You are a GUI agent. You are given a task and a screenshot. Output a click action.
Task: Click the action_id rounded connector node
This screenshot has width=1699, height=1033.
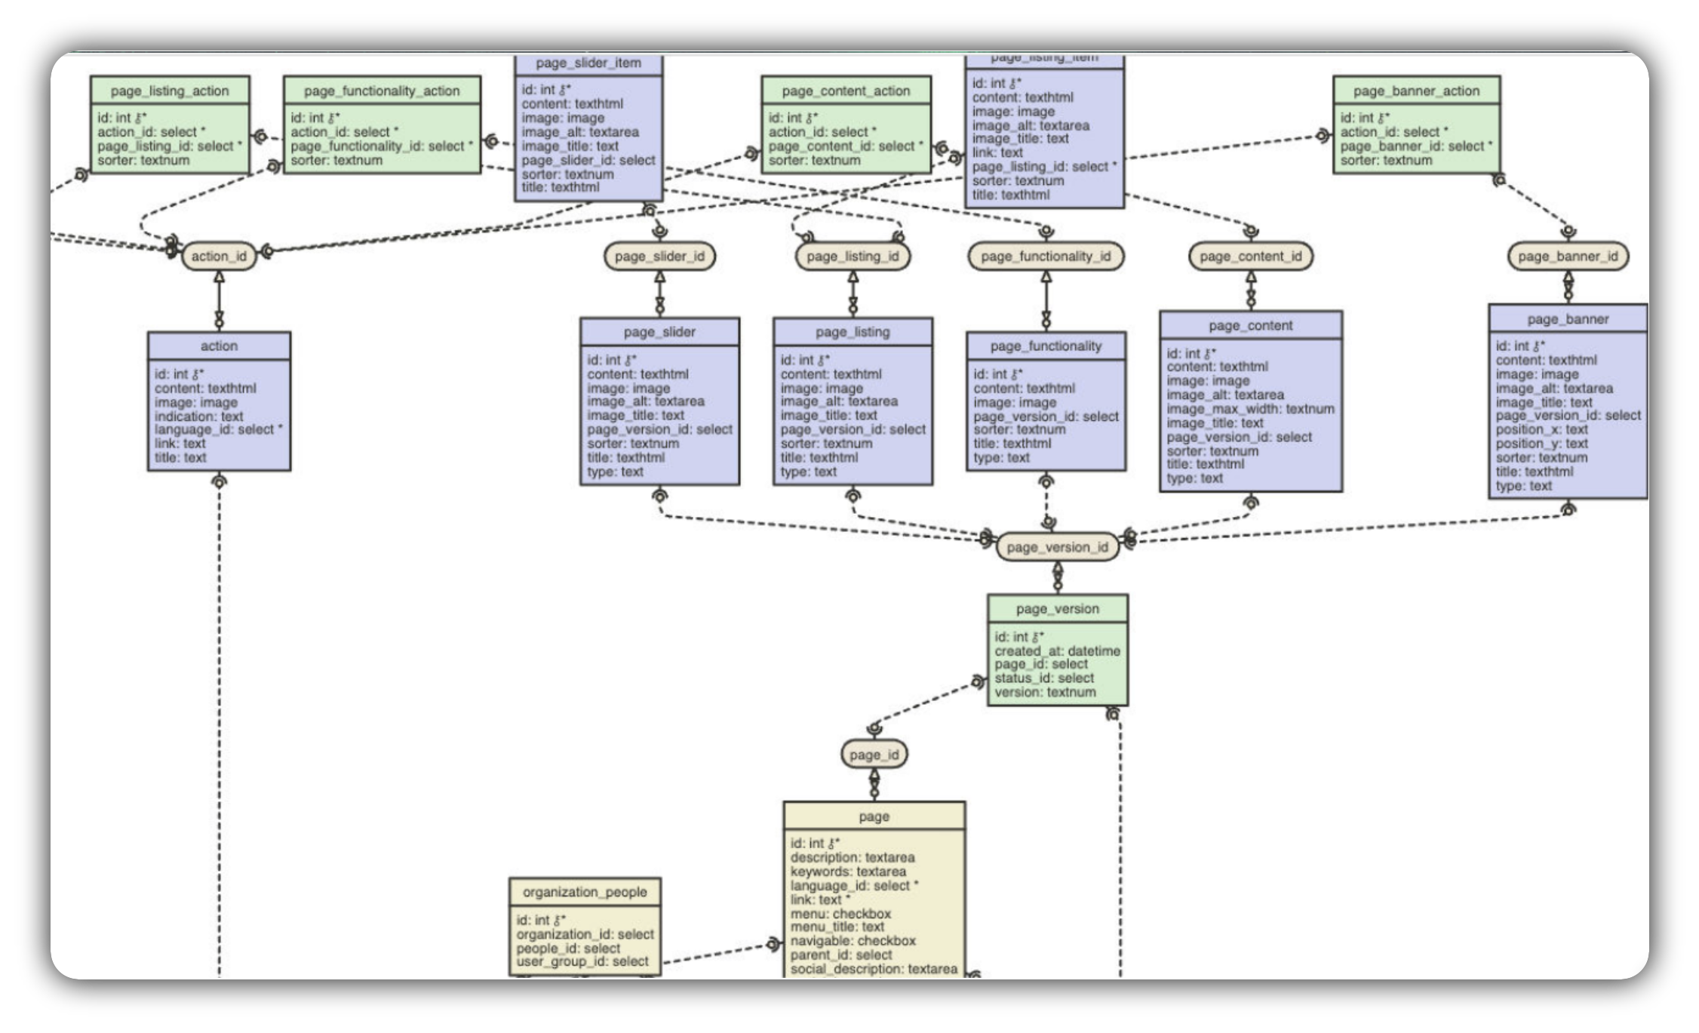click(219, 256)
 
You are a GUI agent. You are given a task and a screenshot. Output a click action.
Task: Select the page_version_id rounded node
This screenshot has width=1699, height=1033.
click(1057, 547)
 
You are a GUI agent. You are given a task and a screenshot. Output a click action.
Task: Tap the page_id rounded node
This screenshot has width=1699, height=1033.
click(874, 755)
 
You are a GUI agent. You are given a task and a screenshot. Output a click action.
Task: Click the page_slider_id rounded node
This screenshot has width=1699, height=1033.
click(659, 256)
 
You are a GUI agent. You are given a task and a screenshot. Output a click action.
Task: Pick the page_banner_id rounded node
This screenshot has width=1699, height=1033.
click(1568, 256)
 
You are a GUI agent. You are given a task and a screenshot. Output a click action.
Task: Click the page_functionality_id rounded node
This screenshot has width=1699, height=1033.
click(1046, 256)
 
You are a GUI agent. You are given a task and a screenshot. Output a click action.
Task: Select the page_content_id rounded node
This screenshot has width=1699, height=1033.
click(1250, 256)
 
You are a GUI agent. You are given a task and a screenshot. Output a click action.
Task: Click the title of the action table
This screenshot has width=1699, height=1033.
click(219, 346)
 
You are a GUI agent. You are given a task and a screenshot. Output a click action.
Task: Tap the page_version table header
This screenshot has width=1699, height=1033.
click(1057, 608)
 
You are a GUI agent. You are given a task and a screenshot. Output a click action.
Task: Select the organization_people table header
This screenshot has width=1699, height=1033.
click(585, 892)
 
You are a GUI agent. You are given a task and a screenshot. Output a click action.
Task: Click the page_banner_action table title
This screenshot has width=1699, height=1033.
click(1416, 91)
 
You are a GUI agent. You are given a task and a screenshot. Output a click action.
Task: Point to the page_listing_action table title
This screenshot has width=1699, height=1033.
click(170, 91)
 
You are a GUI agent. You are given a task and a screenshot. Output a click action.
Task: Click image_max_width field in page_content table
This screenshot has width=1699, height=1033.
click(1250, 409)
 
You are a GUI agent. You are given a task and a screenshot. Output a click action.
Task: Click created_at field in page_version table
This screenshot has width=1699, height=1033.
click(1056, 650)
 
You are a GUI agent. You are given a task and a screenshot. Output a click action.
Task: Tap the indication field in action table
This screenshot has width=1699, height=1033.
click(198, 416)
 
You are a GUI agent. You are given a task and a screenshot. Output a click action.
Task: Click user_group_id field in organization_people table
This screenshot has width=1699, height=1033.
click(582, 961)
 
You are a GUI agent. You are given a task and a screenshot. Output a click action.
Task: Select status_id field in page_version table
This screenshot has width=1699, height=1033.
click(1043, 678)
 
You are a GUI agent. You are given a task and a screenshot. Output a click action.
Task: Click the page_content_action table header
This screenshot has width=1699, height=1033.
click(846, 91)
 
